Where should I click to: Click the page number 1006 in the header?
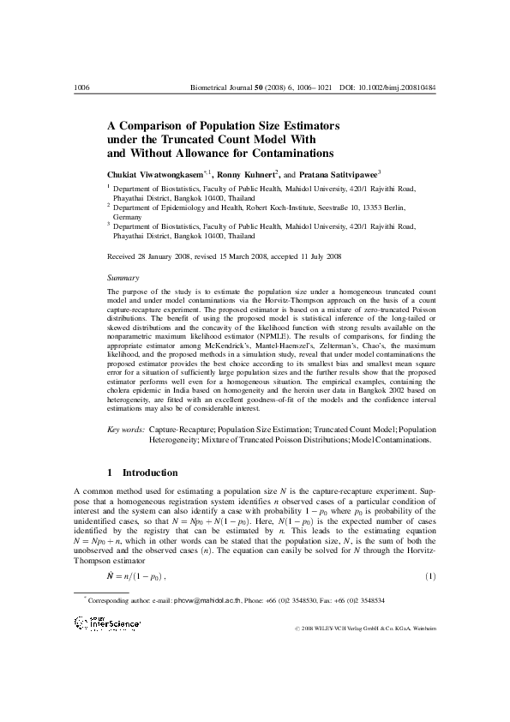(83, 87)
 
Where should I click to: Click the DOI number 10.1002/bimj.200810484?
(399, 87)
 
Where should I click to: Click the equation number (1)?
(430, 575)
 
